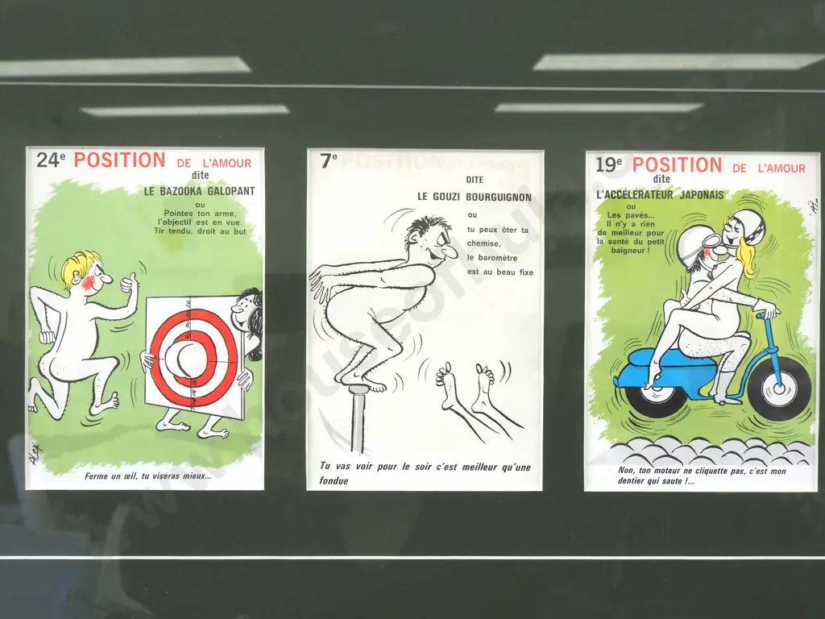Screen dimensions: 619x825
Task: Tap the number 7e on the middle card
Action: (x=329, y=160)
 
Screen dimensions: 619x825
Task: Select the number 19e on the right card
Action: (x=609, y=165)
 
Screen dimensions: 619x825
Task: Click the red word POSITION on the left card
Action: (x=119, y=160)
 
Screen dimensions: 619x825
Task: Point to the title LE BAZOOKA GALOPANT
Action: (x=199, y=192)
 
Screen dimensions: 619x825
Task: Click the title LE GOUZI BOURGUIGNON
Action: (x=474, y=197)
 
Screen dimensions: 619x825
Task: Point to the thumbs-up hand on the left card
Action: (x=127, y=283)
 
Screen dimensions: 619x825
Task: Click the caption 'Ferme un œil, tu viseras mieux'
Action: (x=148, y=476)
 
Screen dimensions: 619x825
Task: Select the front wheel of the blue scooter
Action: (x=777, y=390)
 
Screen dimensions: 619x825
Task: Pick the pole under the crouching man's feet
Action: (x=359, y=419)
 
